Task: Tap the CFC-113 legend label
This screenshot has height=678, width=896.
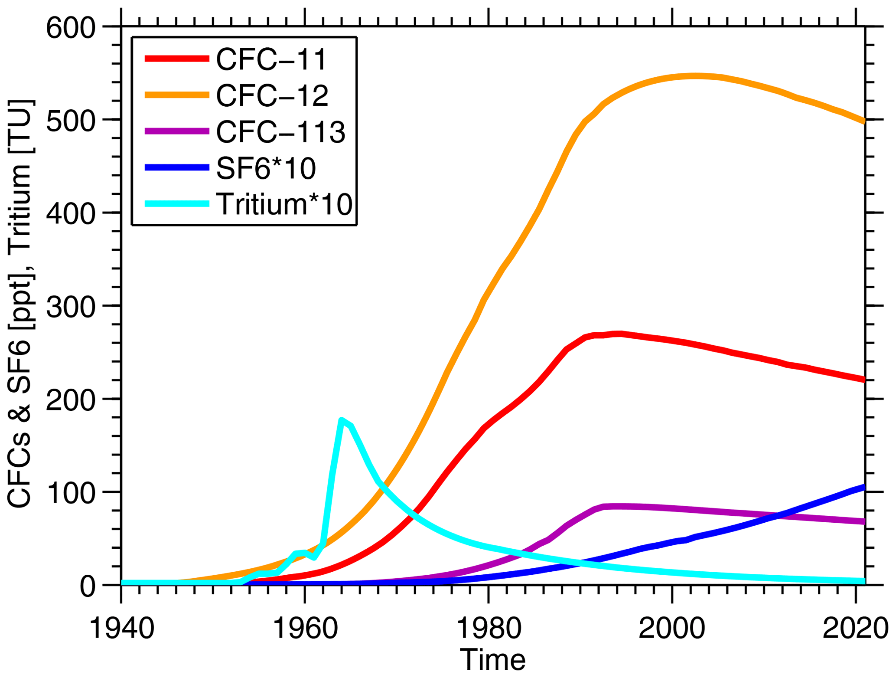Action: (280, 132)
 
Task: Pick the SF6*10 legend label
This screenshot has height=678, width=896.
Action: (266, 168)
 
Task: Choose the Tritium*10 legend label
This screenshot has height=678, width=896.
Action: (284, 204)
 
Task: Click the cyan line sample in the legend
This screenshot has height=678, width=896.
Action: (177, 204)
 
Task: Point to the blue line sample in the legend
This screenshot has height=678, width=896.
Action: (177, 168)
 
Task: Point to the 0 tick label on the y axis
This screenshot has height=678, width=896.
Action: (87, 587)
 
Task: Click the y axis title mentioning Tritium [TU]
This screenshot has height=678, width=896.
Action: (20, 304)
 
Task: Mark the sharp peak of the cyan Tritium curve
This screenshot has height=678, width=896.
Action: (342, 420)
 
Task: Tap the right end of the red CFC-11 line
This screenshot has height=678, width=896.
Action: (864, 380)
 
